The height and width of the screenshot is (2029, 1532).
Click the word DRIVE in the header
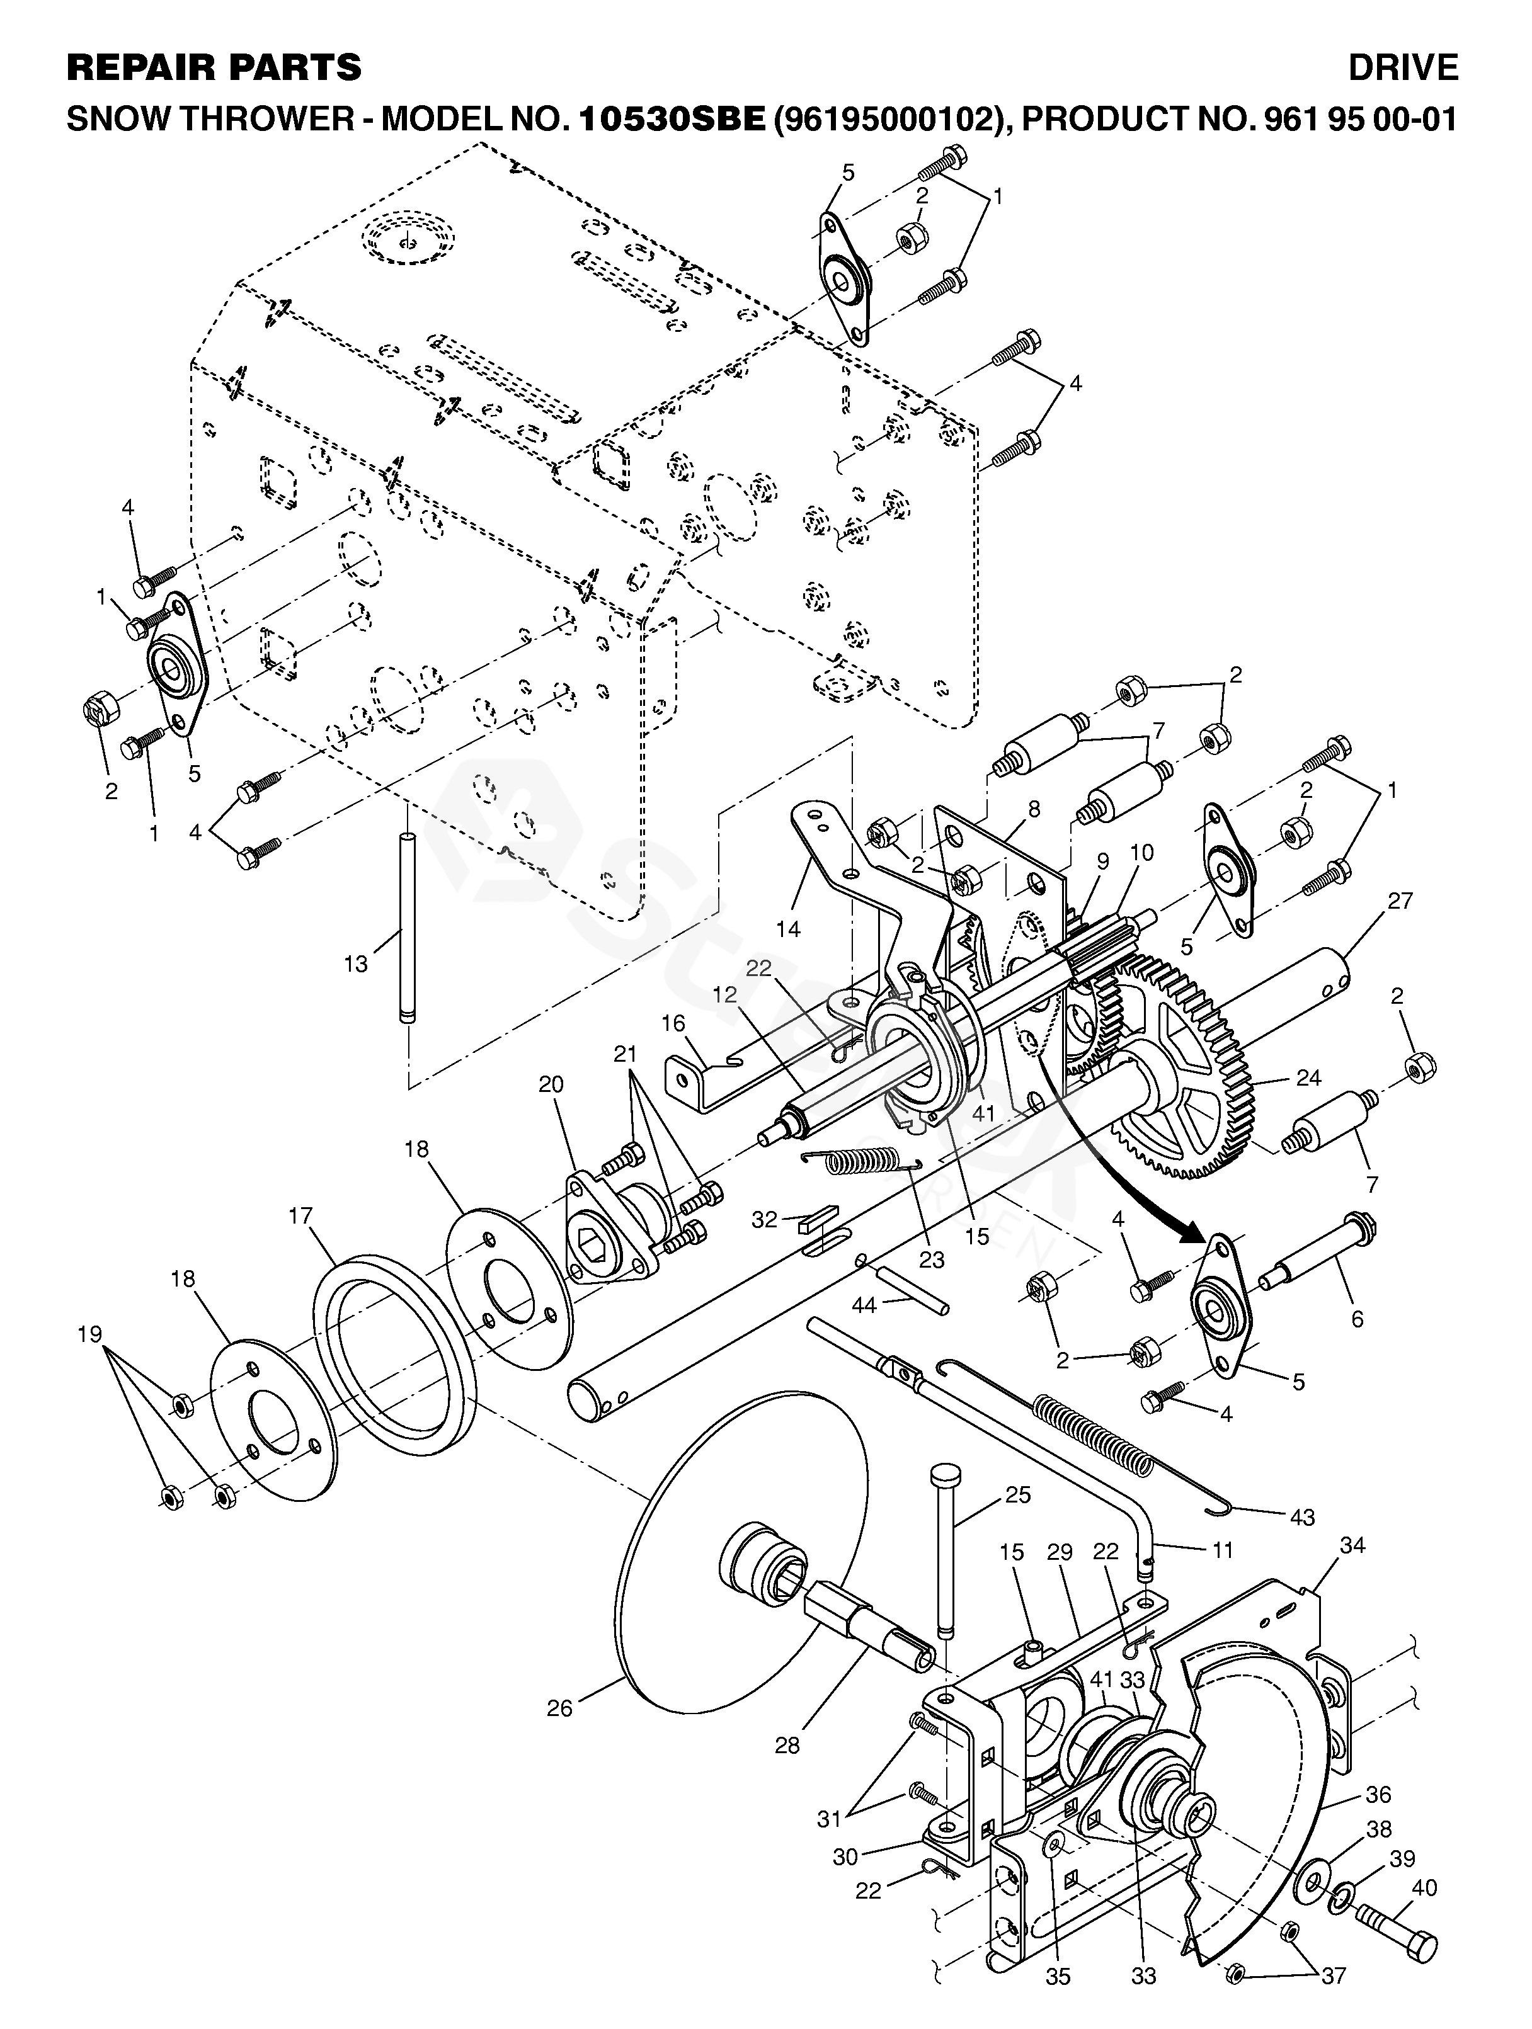point(1403,68)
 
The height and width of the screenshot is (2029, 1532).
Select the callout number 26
point(559,1708)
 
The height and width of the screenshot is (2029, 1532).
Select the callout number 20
point(551,1084)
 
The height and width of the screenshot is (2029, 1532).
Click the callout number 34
point(1352,1545)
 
